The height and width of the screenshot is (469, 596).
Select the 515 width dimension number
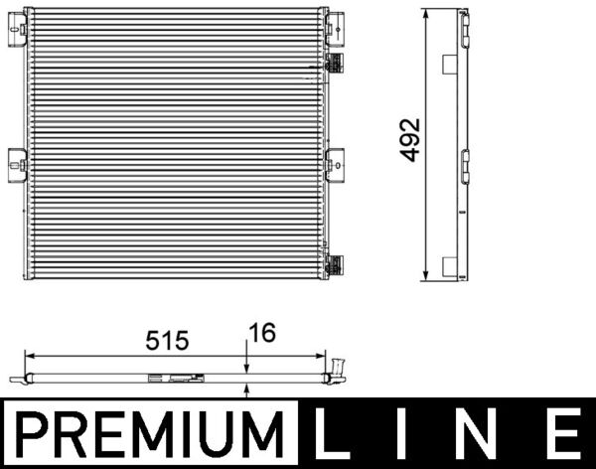pos(166,340)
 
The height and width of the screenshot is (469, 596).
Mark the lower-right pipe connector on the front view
pos(335,264)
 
